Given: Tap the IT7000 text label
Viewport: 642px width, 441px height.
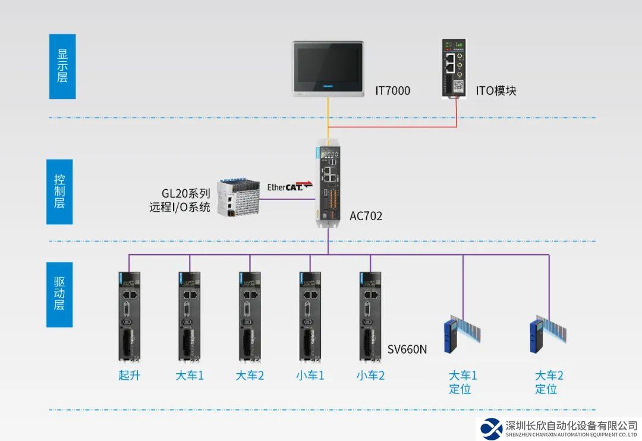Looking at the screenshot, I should point(392,91).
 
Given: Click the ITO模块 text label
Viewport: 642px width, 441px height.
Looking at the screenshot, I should point(496,91).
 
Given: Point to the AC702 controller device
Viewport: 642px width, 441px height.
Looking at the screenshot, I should point(328,184).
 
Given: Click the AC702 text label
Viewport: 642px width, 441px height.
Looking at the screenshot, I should point(366,216).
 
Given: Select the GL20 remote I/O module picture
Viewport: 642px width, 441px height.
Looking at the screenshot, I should point(238,196).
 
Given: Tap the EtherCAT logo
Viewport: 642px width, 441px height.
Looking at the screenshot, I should point(289,187).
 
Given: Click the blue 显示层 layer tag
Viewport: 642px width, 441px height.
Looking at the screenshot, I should point(62,65).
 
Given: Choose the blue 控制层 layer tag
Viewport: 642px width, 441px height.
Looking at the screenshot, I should point(59,192).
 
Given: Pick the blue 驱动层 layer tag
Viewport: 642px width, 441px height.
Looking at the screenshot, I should point(59,293).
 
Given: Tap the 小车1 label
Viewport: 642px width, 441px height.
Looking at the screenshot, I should point(310,376).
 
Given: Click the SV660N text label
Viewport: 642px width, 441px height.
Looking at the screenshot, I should point(407,349).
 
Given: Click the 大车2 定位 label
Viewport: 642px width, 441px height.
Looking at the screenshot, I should point(549,382).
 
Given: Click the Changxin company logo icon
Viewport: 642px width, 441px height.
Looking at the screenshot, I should point(491,427).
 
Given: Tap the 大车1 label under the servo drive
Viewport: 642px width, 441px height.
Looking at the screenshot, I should point(190,376).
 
